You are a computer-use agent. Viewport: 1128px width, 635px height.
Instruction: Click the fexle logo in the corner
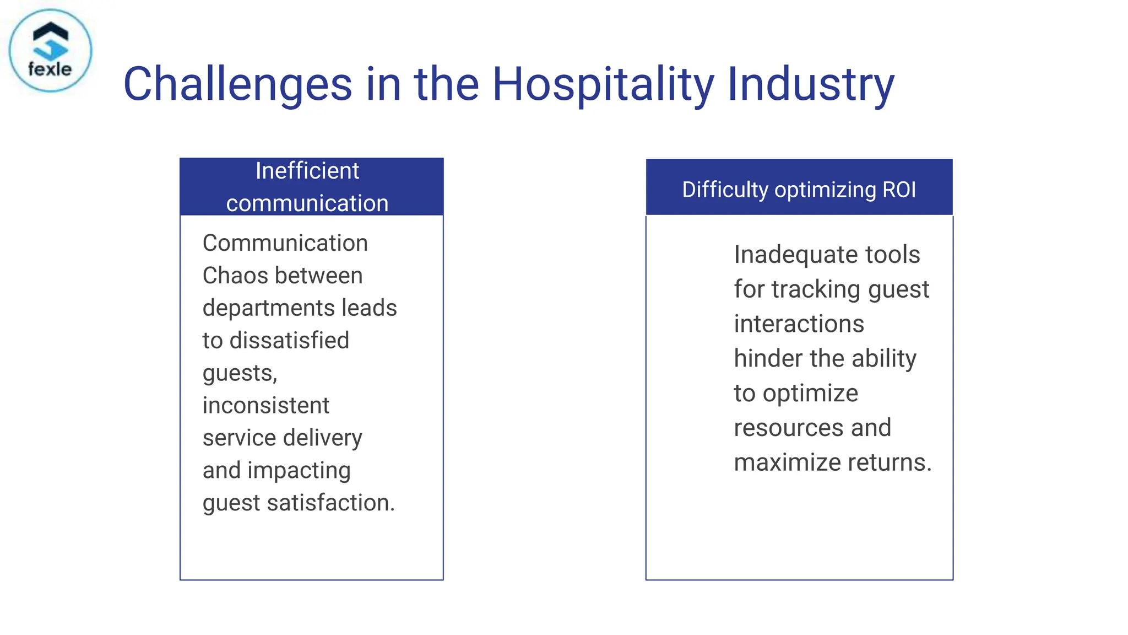tap(50, 51)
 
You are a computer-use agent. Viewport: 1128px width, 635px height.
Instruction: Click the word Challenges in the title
tap(237, 84)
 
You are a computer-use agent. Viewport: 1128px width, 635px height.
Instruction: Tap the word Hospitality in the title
tap(603, 84)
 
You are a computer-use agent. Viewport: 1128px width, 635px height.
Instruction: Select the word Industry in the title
tap(811, 84)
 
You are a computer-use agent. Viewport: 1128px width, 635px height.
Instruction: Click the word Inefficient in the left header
tap(307, 171)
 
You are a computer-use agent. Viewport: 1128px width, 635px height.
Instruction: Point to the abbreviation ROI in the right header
tap(899, 190)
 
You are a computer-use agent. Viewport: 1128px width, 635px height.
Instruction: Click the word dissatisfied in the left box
tap(289, 341)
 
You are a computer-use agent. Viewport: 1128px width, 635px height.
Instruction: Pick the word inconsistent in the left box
tap(265, 406)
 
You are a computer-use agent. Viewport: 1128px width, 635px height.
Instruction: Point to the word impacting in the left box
tap(299, 471)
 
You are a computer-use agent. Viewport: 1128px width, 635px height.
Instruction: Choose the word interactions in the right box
tap(799, 324)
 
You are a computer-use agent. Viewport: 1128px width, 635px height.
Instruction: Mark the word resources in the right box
tap(788, 428)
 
